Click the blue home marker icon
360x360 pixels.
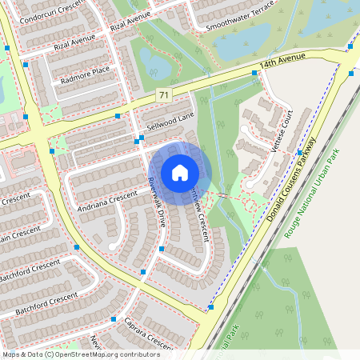[180, 172]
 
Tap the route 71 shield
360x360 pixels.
[163, 95]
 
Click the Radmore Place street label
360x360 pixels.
[84, 74]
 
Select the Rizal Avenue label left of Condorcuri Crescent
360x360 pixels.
[70, 41]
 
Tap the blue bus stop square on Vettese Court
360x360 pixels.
[300, 152]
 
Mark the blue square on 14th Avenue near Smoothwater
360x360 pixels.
[254, 73]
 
